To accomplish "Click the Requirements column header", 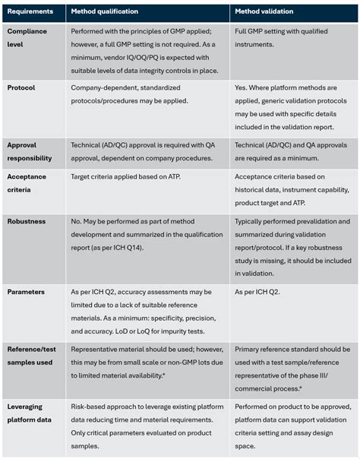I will [x=31, y=13].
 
